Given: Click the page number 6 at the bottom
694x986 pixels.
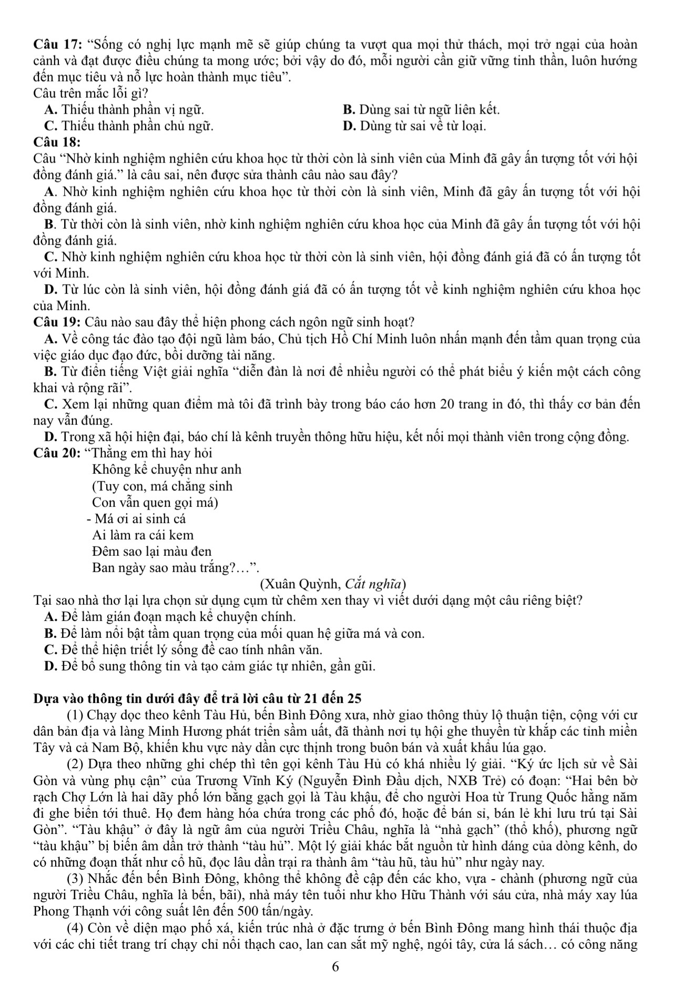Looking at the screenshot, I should coord(336,967).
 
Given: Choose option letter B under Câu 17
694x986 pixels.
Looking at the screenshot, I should coord(348,110).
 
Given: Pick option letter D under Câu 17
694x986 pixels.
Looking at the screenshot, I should coord(348,126).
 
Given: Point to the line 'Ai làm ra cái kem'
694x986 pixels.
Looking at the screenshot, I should coord(142,535).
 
